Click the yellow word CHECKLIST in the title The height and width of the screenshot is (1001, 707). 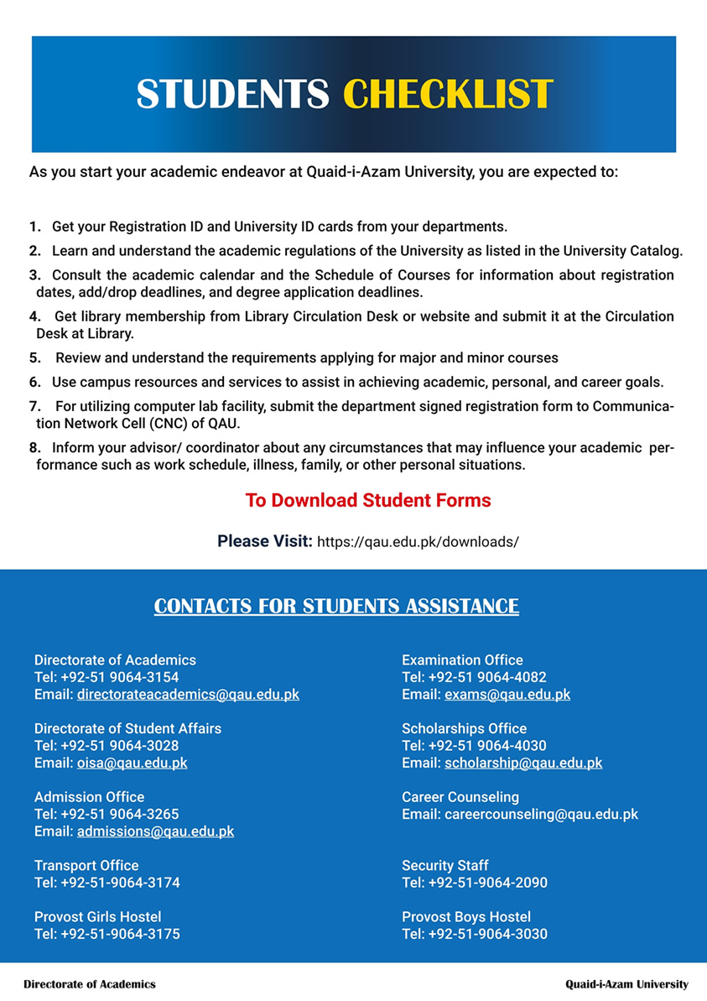click(449, 94)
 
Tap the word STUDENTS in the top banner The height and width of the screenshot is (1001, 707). click(233, 94)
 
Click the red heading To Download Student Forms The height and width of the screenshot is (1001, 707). click(367, 501)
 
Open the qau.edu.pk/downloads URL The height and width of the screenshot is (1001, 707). click(418, 542)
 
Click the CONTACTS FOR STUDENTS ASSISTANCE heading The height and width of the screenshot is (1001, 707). click(336, 606)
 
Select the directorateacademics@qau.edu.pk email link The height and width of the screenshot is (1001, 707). click(188, 695)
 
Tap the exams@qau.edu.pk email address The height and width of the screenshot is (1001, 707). click(507, 695)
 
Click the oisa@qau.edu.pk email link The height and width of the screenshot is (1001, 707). click(132, 764)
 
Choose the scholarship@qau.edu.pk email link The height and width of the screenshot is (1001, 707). click(523, 764)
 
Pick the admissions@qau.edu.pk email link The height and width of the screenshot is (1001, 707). click(155, 832)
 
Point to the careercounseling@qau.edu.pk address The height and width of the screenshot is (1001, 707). click(541, 815)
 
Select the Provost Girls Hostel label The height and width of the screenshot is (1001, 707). click(97, 917)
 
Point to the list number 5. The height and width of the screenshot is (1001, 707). click(34, 358)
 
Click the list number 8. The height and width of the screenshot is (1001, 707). click(34, 448)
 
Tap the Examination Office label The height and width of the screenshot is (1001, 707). click(462, 660)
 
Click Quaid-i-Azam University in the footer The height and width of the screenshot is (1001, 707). click(626, 984)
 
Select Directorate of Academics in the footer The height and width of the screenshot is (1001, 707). click(90, 984)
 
